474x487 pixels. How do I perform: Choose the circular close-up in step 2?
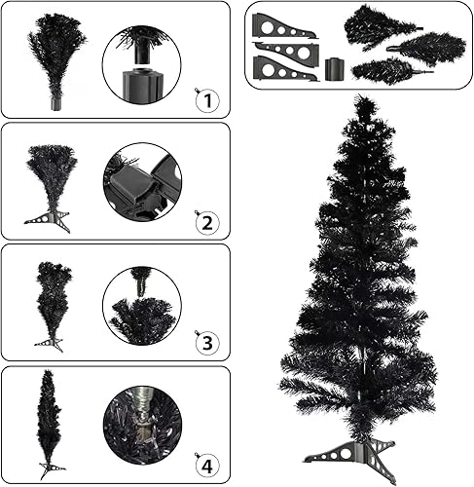(x=142, y=182)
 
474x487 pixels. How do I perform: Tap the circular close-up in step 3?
(x=142, y=304)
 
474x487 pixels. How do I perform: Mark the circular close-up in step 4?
(x=142, y=426)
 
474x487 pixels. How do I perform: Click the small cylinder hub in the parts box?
(x=334, y=69)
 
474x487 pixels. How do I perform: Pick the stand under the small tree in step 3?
(x=50, y=343)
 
